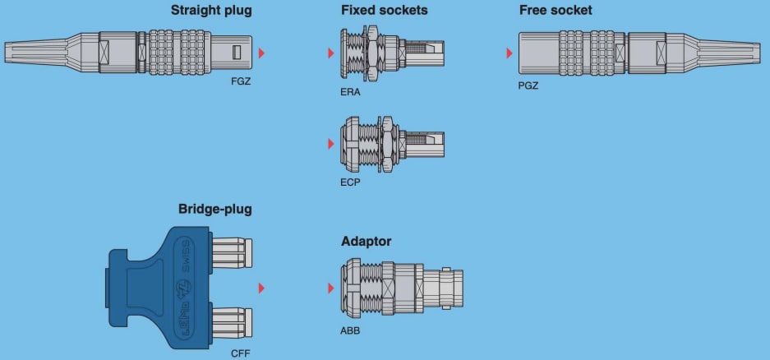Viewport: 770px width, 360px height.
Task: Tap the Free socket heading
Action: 556,11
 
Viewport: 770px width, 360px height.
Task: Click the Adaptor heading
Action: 366,242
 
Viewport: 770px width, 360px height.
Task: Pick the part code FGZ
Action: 241,84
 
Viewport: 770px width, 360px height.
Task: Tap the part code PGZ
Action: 528,85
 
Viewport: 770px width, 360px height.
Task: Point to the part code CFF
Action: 240,353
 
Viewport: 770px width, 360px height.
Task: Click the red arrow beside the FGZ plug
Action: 262,53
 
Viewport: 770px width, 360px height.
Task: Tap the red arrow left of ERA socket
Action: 330,53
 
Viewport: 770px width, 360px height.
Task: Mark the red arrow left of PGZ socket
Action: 509,53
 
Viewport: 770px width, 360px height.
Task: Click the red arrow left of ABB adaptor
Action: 330,288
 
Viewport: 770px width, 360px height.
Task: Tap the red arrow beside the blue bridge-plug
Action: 262,288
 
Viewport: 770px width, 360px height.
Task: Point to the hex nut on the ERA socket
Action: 371,53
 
